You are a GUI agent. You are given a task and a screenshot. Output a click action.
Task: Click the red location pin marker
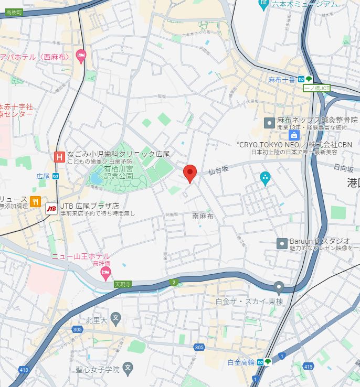(x=190, y=173)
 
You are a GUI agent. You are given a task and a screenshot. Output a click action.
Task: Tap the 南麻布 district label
(x=203, y=216)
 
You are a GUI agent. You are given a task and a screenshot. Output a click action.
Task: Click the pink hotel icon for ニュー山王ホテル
(x=105, y=272)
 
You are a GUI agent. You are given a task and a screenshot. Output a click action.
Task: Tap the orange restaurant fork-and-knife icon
(x=36, y=201)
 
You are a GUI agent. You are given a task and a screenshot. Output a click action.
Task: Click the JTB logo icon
(x=52, y=209)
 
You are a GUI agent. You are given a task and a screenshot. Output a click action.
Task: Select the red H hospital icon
(x=59, y=156)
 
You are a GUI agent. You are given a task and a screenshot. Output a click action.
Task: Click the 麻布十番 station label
(x=282, y=79)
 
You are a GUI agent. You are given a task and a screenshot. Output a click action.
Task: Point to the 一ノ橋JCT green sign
(x=317, y=88)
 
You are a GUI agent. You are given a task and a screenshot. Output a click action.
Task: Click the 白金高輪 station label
(x=241, y=362)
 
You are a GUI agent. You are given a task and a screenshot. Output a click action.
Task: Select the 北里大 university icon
(x=116, y=318)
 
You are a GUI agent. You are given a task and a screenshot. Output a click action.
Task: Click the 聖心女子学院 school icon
(x=127, y=368)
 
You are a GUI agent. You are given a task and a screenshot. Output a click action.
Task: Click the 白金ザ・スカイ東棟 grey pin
(x=279, y=287)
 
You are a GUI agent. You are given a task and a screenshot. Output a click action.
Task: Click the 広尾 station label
(x=43, y=176)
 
